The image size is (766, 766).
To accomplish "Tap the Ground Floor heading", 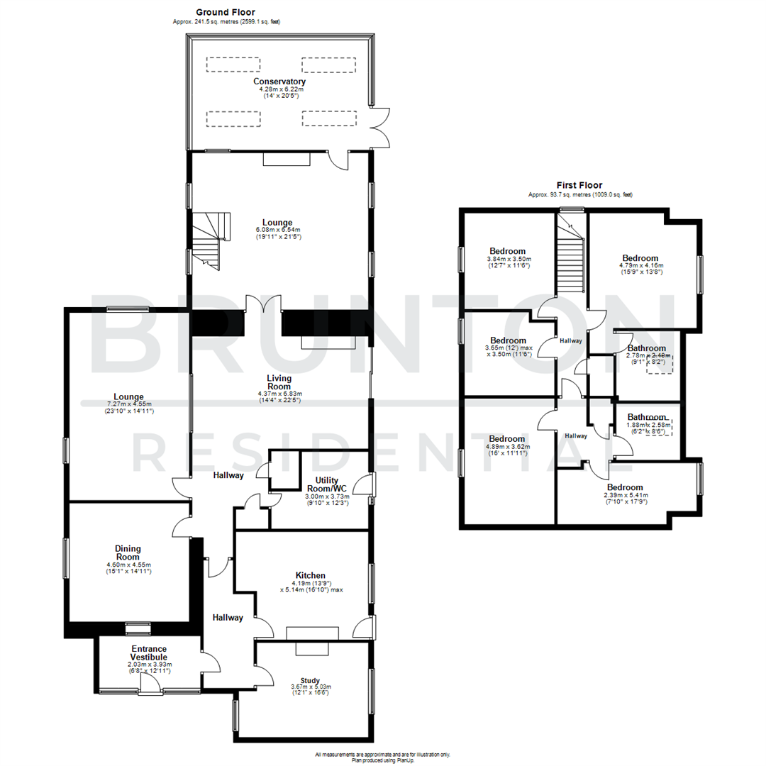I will coord(226,12).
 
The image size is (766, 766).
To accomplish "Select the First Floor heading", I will coord(579,185).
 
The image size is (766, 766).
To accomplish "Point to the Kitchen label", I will coord(311,575).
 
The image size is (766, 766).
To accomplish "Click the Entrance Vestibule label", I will coord(148,653).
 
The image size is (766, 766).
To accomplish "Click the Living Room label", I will coord(279,382).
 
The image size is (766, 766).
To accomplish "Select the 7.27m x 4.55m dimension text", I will coord(128,404).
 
